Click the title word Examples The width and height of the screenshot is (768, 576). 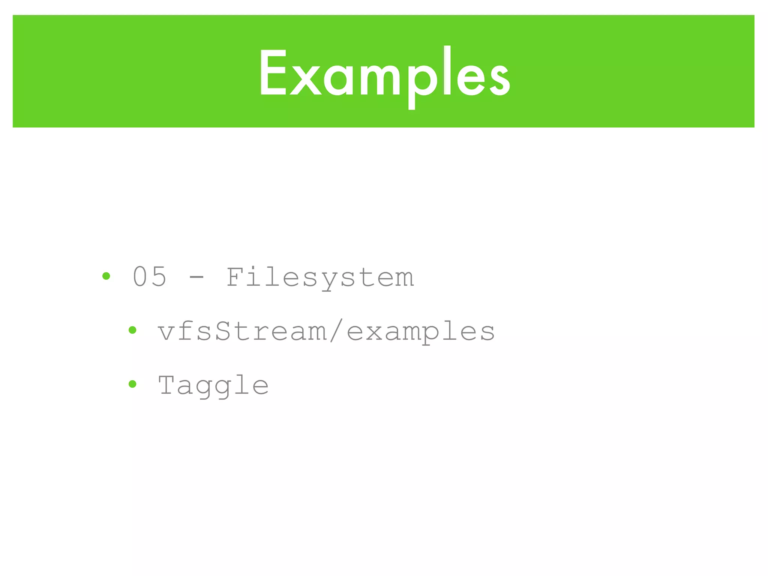(384, 73)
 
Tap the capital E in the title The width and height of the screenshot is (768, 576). (272, 73)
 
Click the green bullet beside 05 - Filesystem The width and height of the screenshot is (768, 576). (106, 276)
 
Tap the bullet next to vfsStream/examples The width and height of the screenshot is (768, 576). (132, 330)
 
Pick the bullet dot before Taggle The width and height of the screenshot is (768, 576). (132, 384)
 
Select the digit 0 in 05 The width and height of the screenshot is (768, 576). (140, 277)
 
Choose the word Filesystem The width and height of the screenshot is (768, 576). (320, 277)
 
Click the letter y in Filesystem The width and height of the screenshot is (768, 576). (328, 281)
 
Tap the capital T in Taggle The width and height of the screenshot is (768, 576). (167, 385)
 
